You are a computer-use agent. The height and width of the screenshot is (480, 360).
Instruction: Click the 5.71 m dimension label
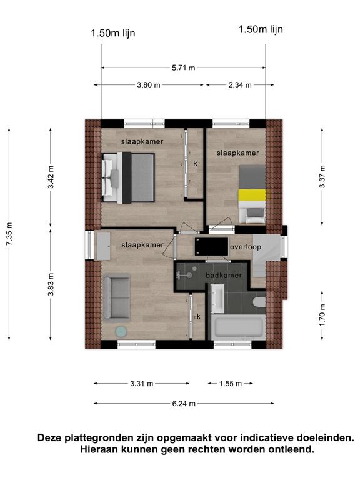183,67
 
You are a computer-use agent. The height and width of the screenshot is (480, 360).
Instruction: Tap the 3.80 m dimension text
149,85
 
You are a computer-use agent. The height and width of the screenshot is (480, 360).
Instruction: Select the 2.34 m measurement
240,85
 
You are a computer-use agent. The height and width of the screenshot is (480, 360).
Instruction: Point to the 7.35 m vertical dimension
9,234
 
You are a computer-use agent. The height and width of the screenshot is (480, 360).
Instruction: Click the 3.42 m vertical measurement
51,177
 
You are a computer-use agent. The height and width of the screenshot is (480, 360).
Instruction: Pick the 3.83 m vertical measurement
51,284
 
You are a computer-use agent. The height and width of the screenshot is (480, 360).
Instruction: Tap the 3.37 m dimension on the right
322,177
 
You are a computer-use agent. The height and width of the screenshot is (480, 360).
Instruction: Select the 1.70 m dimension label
322,315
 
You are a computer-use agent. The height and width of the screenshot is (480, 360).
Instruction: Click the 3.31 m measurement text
142,384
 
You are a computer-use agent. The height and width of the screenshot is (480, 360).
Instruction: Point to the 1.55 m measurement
231,384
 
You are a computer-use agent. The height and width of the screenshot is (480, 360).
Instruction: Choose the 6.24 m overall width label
184,404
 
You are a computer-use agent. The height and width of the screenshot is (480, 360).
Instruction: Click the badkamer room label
224,276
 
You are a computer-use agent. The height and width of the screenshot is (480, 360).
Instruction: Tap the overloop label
246,247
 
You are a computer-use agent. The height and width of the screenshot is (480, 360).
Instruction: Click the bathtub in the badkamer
239,327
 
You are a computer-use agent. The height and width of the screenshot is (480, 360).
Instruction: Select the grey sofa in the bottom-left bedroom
117,297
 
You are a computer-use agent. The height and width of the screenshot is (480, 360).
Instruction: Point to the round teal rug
121,331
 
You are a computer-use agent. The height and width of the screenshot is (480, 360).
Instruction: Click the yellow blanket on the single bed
252,195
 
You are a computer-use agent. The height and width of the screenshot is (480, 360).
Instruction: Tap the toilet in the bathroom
259,302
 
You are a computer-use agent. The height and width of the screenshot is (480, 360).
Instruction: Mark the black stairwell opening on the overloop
211,246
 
